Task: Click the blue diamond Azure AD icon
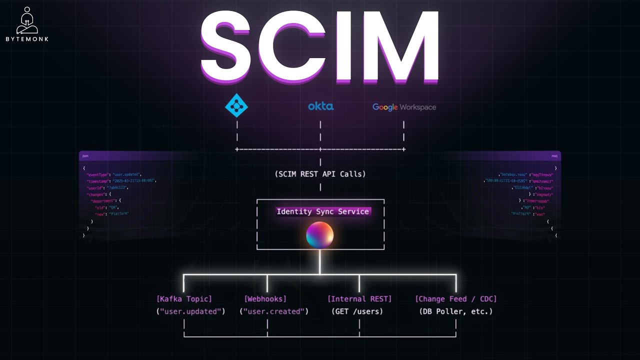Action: coord(236,105)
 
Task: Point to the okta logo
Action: coord(320,106)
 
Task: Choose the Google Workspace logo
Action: coord(404,107)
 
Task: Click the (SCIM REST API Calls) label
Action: coord(320,174)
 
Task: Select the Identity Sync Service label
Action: coord(323,211)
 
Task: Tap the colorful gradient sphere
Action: coord(320,234)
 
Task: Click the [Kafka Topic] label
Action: coord(184,299)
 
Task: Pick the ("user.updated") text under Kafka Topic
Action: coord(190,311)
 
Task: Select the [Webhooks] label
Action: coord(265,299)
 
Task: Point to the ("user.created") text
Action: coord(273,311)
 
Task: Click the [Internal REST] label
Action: coord(359,299)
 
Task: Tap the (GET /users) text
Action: coord(357,311)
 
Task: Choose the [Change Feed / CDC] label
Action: coord(455,299)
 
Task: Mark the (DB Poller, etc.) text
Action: coord(455,311)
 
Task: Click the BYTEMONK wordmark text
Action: coord(27,39)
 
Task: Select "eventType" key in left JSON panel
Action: coord(98,174)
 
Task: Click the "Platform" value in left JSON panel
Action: coord(119,213)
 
